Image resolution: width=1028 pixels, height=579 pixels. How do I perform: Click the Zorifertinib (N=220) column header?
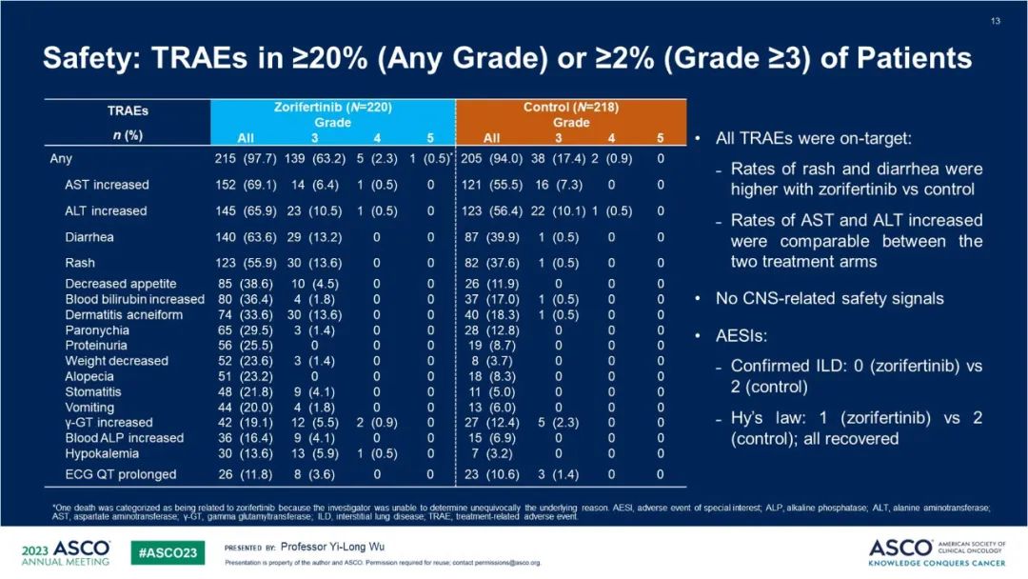coord(332,108)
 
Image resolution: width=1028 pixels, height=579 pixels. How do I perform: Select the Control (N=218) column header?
coord(571,108)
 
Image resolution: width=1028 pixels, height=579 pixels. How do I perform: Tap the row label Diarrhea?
coord(91,236)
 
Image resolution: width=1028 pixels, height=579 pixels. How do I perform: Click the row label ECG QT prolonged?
coord(120,473)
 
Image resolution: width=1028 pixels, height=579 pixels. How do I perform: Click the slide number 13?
coord(996,21)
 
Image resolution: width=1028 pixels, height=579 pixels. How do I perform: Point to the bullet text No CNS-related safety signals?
coord(829,299)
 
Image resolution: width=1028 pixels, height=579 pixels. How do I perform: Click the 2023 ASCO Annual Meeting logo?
coord(66,553)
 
